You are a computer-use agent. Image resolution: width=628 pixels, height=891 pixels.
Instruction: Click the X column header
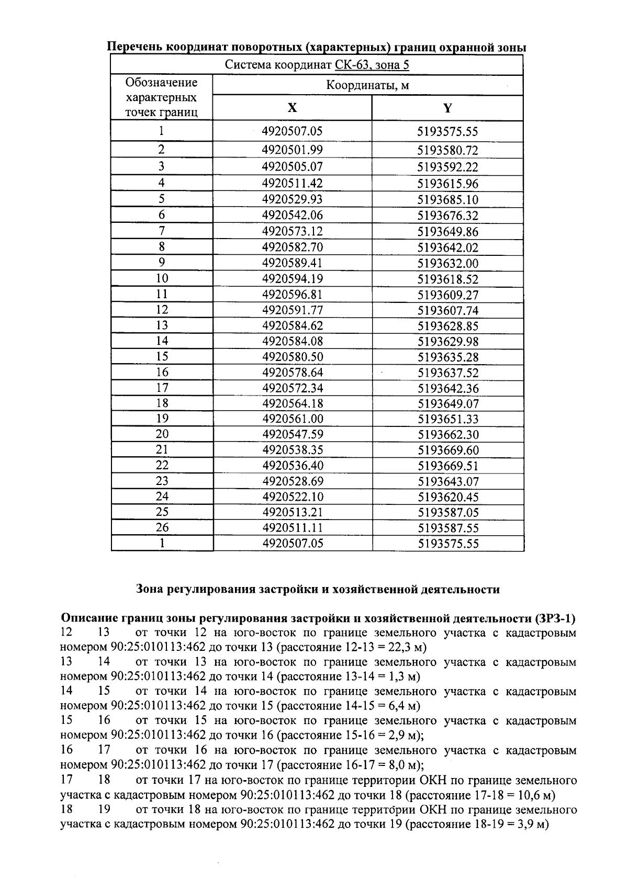pos(292,108)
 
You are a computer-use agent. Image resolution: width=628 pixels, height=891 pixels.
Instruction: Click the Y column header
pos(447,108)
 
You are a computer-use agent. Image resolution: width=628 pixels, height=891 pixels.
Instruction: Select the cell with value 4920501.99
pos(292,150)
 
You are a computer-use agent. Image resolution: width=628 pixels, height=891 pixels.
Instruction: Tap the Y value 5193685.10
pos(447,200)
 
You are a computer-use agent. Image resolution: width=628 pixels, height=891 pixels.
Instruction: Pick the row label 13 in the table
pos(162,325)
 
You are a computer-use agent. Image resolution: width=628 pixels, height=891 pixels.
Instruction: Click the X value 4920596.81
pos(292,295)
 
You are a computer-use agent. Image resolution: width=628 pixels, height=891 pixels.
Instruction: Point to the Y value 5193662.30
pos(447,435)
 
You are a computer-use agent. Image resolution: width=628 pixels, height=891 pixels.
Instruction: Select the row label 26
pos(162,527)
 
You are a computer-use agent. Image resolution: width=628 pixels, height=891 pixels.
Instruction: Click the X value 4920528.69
pos(292,481)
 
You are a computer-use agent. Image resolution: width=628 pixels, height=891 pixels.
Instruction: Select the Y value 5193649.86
pos(447,232)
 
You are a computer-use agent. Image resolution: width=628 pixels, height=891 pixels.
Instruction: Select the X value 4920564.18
pos(292,404)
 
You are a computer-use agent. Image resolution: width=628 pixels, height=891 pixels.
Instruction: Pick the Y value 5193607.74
pos(447,310)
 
